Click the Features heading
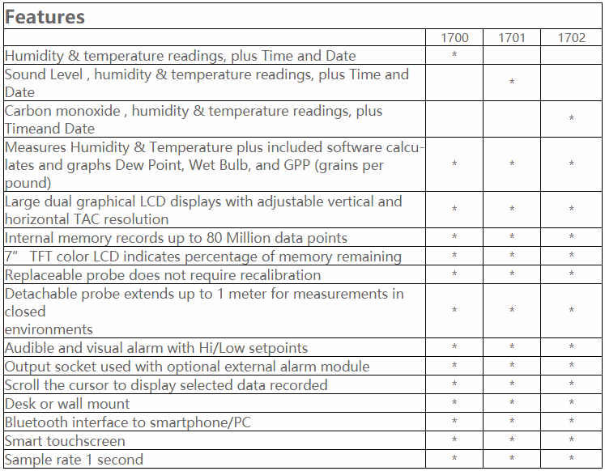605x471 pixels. tap(45, 17)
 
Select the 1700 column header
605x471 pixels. tap(454, 38)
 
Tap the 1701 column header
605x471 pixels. tap(512, 38)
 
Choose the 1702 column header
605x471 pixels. tap(571, 38)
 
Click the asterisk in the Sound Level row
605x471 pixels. tap(512, 83)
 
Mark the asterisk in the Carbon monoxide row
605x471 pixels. tap(571, 120)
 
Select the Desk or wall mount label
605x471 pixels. tap(67, 404)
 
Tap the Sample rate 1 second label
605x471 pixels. tap(75, 460)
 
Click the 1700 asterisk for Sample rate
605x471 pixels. tap(454, 460)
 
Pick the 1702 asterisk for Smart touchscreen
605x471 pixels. tap(571, 441)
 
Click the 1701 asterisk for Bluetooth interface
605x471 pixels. tap(512, 422)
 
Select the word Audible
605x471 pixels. tap(30, 348)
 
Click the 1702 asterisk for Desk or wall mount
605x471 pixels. tap(571, 404)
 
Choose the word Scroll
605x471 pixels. tap(23, 385)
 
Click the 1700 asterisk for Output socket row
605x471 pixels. tap(454, 367)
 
